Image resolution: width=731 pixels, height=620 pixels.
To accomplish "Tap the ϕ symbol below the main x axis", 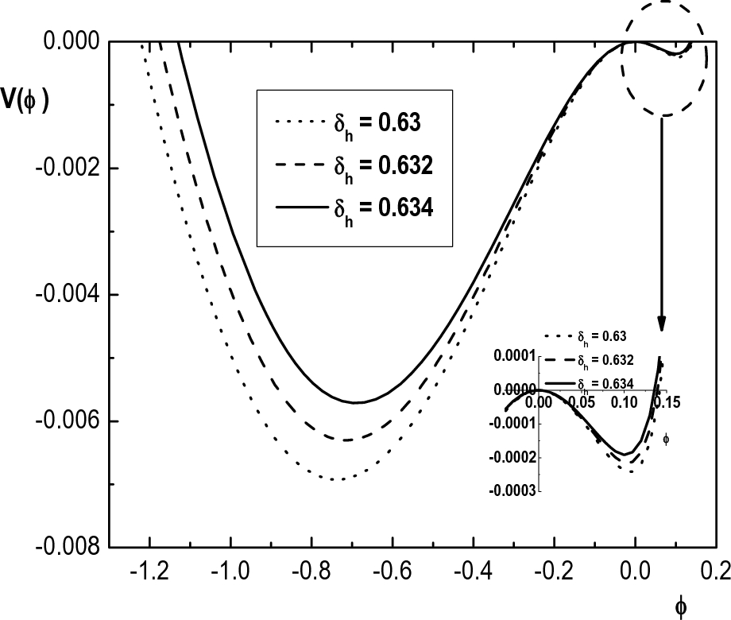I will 681,607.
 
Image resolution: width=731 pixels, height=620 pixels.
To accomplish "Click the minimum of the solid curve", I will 356,402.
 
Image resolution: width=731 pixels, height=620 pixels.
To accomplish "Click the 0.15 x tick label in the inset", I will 671,403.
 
